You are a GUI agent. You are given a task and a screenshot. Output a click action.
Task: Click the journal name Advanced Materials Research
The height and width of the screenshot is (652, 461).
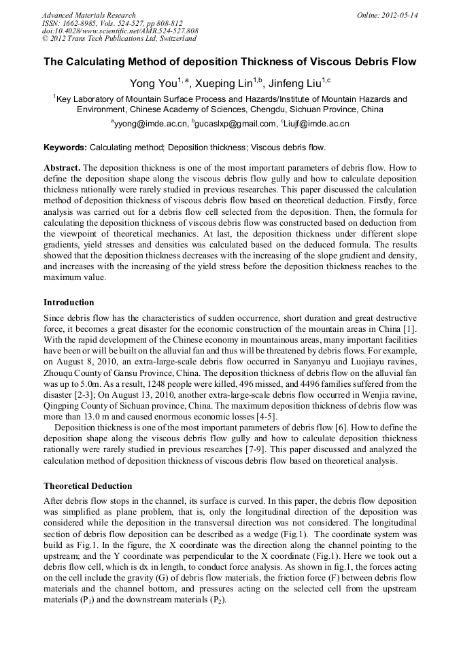pos(88,15)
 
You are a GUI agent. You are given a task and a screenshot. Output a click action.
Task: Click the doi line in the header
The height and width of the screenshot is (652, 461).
pos(120,31)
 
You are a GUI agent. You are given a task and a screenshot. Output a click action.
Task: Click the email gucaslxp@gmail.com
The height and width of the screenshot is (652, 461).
pos(233,124)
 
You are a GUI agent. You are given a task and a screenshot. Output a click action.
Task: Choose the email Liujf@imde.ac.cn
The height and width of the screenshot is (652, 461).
pos(315,124)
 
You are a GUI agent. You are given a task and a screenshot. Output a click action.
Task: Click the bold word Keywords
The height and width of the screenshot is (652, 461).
pos(65,148)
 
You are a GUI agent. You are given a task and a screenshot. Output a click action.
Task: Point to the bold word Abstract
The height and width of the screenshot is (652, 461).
pos(63,167)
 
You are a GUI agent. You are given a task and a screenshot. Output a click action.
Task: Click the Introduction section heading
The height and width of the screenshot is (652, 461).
pos(69,303)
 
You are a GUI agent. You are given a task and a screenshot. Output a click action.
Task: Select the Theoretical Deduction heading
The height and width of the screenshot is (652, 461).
pos(88,486)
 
